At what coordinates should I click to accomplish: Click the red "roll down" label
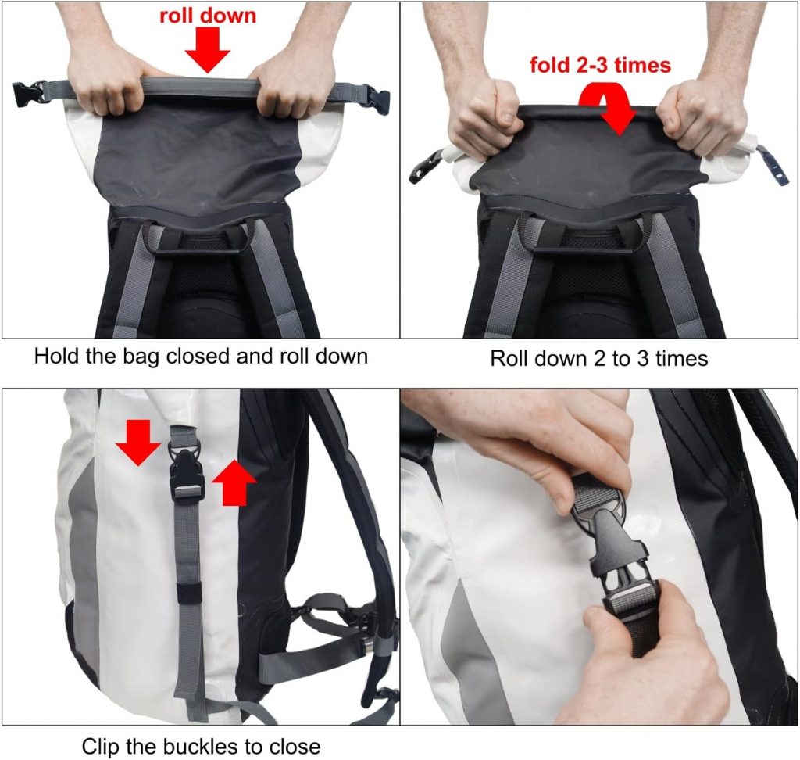click(x=208, y=16)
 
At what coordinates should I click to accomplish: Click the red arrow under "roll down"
click(x=208, y=49)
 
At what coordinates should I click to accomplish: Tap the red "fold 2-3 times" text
click(x=600, y=65)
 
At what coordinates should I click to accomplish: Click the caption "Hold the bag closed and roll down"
click(x=201, y=356)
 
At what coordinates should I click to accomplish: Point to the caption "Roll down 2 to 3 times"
click(x=599, y=359)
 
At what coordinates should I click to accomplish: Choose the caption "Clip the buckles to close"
click(x=201, y=747)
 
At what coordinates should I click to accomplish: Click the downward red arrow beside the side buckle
click(x=139, y=443)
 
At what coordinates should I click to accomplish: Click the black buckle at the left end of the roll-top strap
click(x=29, y=94)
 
